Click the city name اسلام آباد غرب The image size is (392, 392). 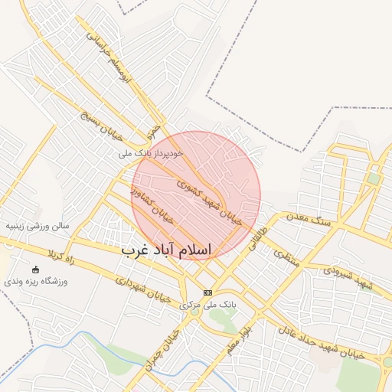166,250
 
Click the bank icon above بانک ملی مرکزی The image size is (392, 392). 207,293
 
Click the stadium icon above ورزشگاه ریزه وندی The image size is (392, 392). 35,269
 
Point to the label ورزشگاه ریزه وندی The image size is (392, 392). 36,282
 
